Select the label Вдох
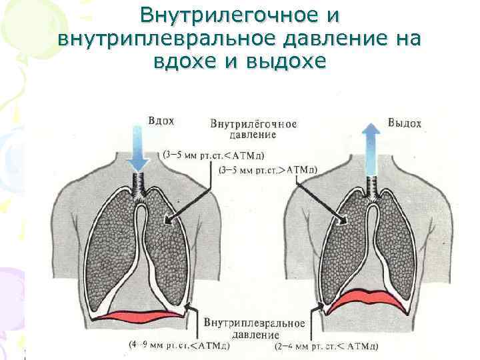[x=161, y=121]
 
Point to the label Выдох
[x=405, y=123]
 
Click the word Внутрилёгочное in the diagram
[x=253, y=124]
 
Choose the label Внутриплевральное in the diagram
[x=255, y=323]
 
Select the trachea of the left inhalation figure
[x=141, y=181]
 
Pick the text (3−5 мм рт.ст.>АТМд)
[x=267, y=170]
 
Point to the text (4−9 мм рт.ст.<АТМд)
[x=180, y=346]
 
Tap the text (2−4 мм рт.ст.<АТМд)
[x=327, y=347]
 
